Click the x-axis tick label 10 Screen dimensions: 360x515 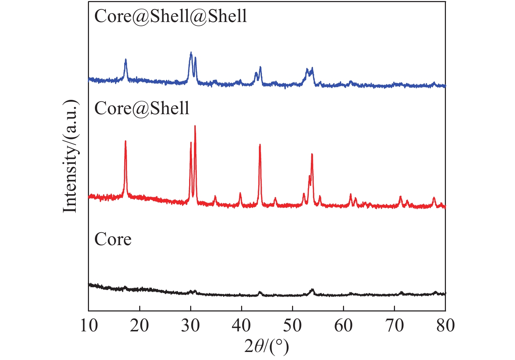click(89, 326)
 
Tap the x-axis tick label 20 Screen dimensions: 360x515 click(140, 326)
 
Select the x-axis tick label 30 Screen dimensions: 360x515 click(191, 326)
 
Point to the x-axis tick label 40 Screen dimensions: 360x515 click(241, 326)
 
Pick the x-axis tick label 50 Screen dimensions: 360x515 click(292, 326)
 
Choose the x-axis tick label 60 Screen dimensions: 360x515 click(343, 326)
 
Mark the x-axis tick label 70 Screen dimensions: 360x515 click(394, 326)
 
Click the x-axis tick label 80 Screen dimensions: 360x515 click(445, 326)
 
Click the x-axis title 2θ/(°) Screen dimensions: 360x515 click(267, 347)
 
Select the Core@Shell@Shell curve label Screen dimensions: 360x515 click(171, 16)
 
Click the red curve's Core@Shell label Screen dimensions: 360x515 click(142, 108)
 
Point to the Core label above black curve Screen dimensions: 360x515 click(113, 240)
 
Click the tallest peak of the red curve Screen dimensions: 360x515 click(195, 126)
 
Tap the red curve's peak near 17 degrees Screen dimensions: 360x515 click(125, 141)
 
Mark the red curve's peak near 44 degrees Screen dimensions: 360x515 click(260, 145)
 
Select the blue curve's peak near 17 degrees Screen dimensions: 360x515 click(126, 60)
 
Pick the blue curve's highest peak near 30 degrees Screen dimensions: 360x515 click(191, 52)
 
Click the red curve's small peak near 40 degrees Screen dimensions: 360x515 click(240, 193)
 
